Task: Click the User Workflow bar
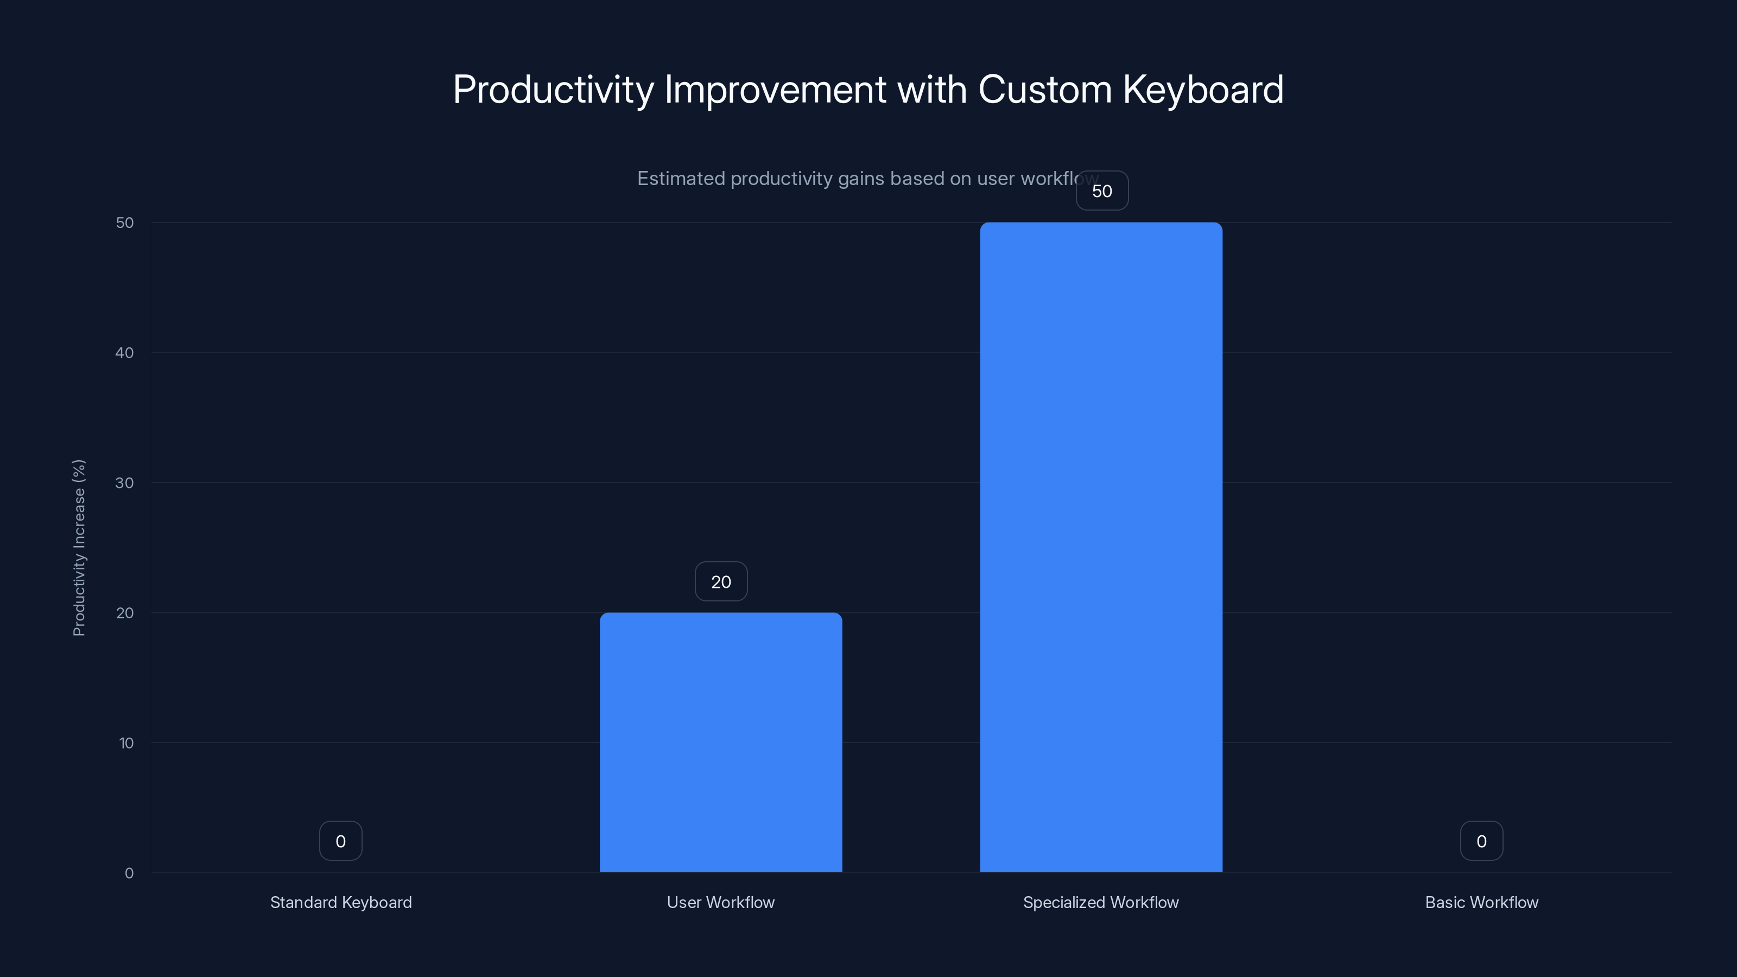(x=721, y=741)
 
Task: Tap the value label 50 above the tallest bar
(x=1102, y=191)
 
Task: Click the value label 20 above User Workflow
(x=721, y=582)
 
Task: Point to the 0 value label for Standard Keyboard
(x=340, y=841)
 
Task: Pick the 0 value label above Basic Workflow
(x=1481, y=841)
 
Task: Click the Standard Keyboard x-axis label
(x=340, y=902)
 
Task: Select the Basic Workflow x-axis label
(x=1481, y=902)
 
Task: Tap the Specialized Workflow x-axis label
(x=1100, y=902)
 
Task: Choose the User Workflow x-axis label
(x=721, y=902)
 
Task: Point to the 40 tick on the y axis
(x=125, y=353)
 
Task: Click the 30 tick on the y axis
(x=125, y=483)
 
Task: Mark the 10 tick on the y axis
(x=126, y=743)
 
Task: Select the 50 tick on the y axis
(x=125, y=223)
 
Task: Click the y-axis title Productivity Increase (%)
(x=79, y=548)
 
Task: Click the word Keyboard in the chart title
(x=1203, y=89)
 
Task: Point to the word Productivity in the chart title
(x=553, y=89)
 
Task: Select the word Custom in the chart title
(x=1044, y=89)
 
